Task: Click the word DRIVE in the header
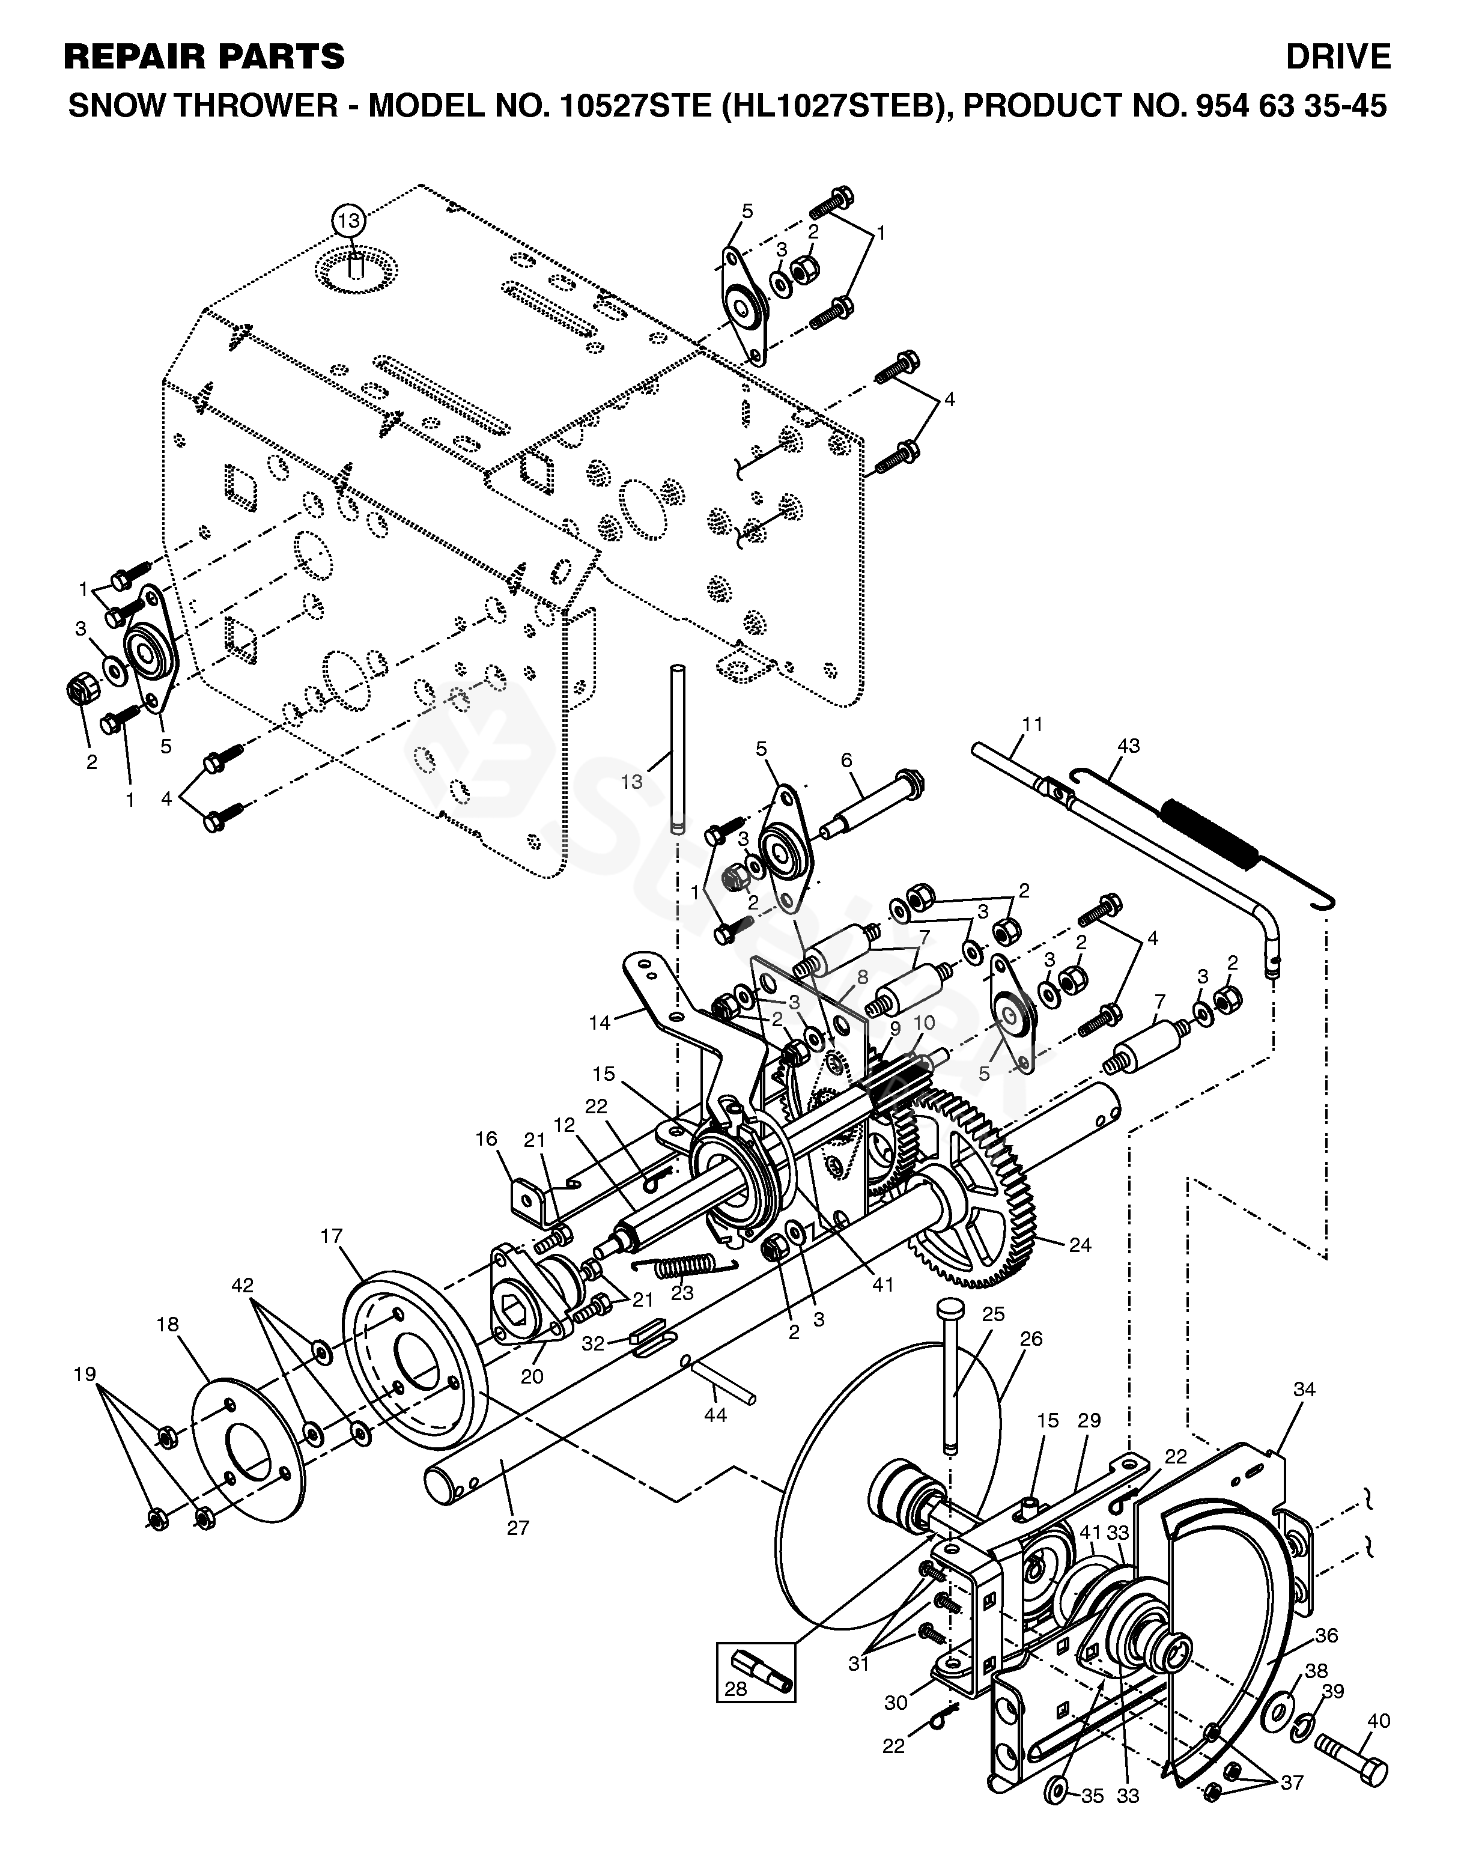pos(1338,57)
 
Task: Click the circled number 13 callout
pos(349,220)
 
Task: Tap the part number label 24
pos(1080,1245)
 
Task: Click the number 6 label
pos(847,759)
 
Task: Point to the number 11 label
pos(1033,725)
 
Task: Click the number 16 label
pos(487,1138)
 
